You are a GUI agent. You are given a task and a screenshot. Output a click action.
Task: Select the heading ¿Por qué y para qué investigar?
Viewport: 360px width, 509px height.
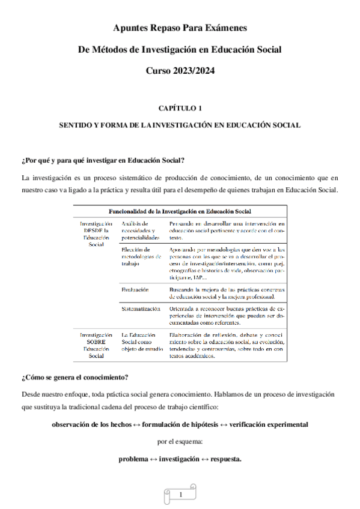coord(102,160)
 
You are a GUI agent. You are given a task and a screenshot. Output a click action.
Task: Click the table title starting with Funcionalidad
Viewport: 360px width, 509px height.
coord(179,211)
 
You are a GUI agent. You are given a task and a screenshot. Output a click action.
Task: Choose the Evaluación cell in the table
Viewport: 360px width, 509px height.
coord(135,289)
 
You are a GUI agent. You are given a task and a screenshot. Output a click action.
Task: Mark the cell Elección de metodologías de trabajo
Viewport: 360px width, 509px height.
coord(141,256)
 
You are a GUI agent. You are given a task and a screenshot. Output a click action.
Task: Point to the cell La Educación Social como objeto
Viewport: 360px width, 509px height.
coord(141,342)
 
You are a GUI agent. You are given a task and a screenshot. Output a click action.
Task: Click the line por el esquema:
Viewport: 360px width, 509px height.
coord(180,442)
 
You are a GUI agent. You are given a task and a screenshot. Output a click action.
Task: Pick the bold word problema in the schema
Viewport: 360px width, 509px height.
coord(133,459)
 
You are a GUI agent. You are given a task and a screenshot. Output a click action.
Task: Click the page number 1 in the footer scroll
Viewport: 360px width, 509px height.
coord(180,495)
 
